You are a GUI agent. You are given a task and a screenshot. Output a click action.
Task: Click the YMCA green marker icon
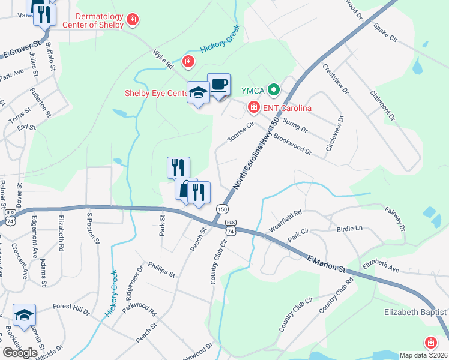pos(274,91)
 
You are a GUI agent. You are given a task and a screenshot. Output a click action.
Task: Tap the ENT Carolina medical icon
pos(254,107)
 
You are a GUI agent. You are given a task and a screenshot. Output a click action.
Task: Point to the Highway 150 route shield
pos(222,208)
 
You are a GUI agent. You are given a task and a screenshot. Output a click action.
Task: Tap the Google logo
pos(20,353)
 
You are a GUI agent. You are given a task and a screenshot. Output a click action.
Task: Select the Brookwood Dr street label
pos(292,144)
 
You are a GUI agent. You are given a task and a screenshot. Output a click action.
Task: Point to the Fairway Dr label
pos(396,219)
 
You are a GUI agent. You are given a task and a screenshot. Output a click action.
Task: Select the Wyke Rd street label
pos(163,58)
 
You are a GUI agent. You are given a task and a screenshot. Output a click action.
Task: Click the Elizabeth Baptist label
pos(416,313)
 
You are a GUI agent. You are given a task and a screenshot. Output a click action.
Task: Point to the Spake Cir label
pos(385,33)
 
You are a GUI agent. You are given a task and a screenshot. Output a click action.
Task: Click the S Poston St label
pos(92,228)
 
